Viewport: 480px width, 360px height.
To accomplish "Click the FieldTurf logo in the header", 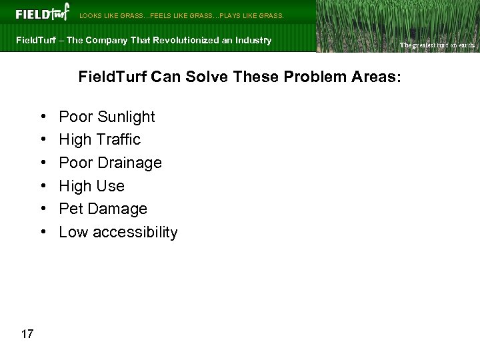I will pyautogui.click(x=41, y=13).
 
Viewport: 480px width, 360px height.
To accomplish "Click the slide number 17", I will pyautogui.click(x=27, y=333).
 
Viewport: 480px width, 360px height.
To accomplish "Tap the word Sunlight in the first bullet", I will pyautogui.click(x=125, y=117).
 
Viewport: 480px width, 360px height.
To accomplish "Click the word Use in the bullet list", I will pyautogui.click(x=111, y=186).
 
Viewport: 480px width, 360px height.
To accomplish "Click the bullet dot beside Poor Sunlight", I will pyautogui.click(x=42, y=117).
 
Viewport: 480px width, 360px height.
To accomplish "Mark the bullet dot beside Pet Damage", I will pyautogui.click(x=42, y=209).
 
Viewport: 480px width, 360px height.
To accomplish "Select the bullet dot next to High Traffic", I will pyautogui.click(x=42, y=140).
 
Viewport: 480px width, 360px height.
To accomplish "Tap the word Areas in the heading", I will pyautogui.click(x=376, y=77).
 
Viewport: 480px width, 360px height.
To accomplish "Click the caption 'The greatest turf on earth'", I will pyautogui.click(x=436, y=45).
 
